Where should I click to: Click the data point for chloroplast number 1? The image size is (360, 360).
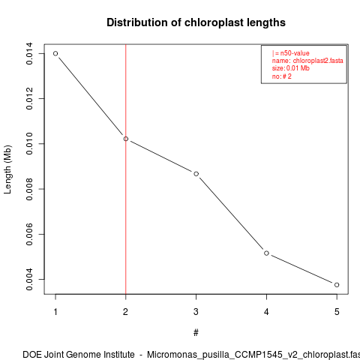point(55,53)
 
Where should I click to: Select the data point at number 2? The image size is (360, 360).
point(126,139)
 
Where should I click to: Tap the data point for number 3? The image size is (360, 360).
point(196,174)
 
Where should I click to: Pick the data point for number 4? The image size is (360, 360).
point(266,253)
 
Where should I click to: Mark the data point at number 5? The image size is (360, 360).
point(337,285)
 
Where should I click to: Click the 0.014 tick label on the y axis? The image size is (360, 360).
point(29,53)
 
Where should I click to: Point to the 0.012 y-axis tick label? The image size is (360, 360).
point(29,98)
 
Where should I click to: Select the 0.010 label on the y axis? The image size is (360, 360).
point(29,144)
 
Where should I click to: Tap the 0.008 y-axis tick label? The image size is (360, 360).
point(29,189)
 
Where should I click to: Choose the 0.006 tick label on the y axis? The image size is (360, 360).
point(29,234)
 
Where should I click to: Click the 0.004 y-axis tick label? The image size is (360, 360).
point(29,279)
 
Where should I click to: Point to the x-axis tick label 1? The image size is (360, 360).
point(55,312)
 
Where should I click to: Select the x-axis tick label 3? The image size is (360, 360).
point(196,312)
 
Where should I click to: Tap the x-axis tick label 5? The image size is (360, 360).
point(337,312)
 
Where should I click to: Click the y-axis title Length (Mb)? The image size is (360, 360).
point(7,169)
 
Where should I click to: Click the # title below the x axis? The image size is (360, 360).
point(196,333)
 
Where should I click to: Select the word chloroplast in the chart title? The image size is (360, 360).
point(214,22)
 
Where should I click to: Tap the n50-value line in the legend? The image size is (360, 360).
point(291,53)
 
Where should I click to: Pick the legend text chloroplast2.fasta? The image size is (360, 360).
point(318,61)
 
